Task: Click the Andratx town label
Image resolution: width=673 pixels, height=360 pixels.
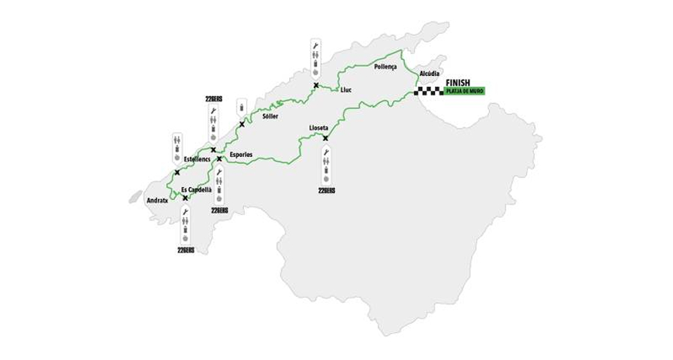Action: [158, 201]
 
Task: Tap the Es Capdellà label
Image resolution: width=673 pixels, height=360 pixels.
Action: [197, 189]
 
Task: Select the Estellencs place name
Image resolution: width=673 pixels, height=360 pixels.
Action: [196, 159]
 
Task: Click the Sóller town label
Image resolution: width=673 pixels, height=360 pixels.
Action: [270, 116]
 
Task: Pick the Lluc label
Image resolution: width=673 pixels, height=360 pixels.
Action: [346, 90]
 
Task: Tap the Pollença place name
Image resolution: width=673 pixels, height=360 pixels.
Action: [385, 67]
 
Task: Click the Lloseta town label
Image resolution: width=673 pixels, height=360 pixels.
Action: [318, 128]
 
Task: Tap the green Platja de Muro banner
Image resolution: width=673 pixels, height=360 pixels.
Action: [465, 92]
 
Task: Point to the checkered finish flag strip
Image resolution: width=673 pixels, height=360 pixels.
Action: [429, 92]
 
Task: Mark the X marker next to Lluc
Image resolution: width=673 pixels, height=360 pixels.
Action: [316, 86]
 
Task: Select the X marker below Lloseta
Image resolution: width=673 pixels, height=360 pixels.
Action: [325, 138]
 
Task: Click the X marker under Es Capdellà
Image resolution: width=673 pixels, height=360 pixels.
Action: [185, 198]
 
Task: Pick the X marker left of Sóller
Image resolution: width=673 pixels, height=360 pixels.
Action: [242, 124]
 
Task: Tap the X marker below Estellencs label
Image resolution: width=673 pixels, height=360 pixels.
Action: [177, 173]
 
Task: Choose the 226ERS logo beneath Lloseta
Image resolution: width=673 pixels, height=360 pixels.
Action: [326, 191]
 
